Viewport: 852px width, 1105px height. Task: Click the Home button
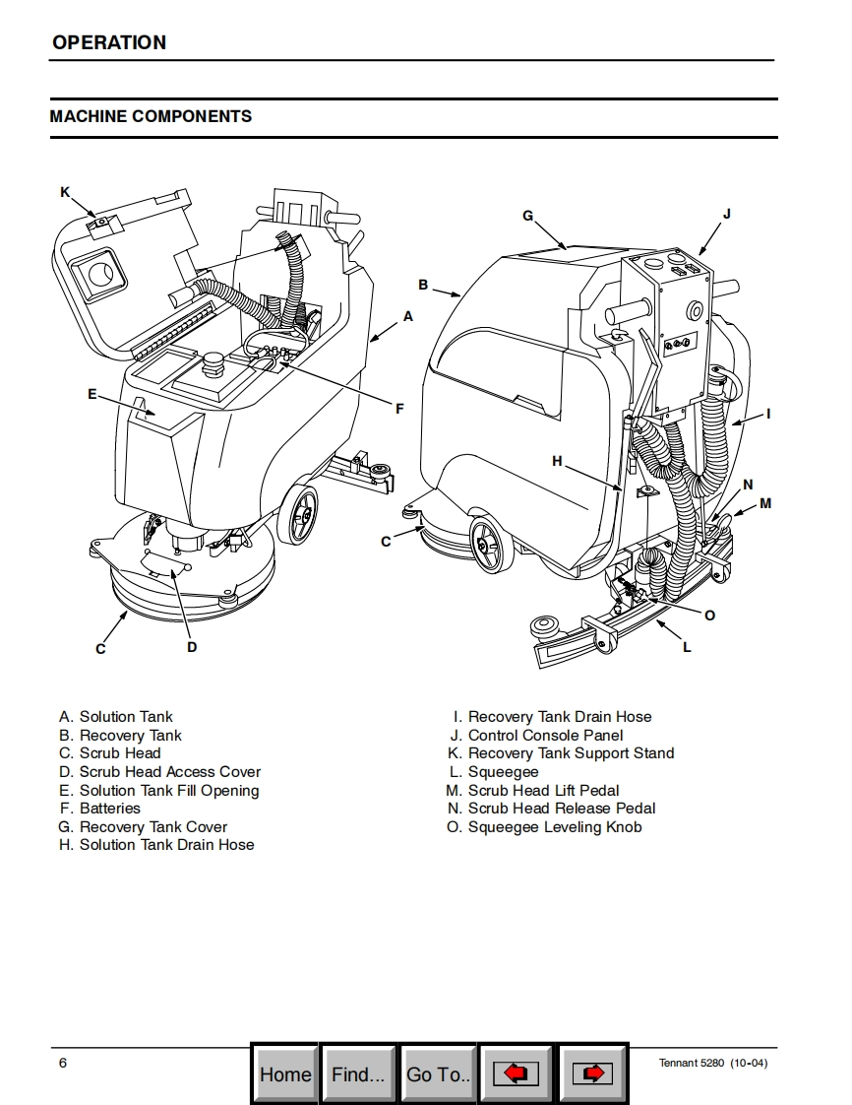(284, 1073)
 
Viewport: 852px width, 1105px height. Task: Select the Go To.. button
(438, 1073)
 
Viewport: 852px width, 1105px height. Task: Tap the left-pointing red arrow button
(516, 1073)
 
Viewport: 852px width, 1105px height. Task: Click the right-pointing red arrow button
(592, 1073)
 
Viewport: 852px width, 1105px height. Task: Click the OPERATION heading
(109, 42)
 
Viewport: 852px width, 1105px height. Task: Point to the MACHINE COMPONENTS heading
(151, 116)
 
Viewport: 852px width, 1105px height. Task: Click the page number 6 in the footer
(63, 1062)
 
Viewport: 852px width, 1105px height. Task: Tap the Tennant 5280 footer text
(712, 1063)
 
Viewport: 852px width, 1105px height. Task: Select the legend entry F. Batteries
(99, 809)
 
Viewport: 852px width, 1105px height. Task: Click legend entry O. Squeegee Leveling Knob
(544, 827)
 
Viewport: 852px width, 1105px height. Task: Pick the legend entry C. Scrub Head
(109, 753)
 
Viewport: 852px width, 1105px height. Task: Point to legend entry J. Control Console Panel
(536, 736)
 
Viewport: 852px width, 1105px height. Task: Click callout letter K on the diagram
(65, 192)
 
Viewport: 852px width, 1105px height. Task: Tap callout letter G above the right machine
(527, 216)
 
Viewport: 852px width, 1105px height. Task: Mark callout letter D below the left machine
(192, 647)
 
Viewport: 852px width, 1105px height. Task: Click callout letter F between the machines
(399, 409)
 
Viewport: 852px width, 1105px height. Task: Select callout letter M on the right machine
(765, 503)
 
